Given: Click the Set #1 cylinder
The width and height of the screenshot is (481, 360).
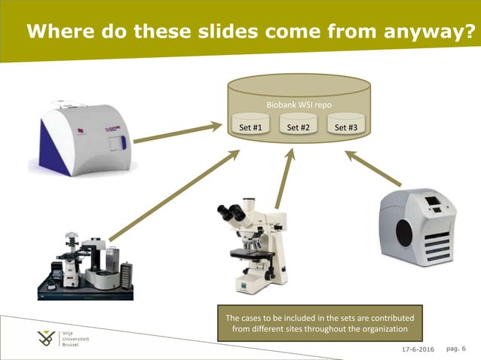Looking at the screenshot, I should [250, 125].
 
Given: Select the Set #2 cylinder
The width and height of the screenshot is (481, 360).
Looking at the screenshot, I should [299, 125].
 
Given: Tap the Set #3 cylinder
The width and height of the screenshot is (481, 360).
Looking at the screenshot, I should [346, 125].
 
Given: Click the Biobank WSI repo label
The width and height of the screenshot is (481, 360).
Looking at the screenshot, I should [299, 104].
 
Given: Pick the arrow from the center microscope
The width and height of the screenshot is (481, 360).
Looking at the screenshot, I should [284, 177].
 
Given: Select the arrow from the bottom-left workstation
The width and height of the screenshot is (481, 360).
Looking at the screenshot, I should [174, 195].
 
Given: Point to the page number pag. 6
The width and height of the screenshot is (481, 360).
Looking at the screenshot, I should [457, 349].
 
